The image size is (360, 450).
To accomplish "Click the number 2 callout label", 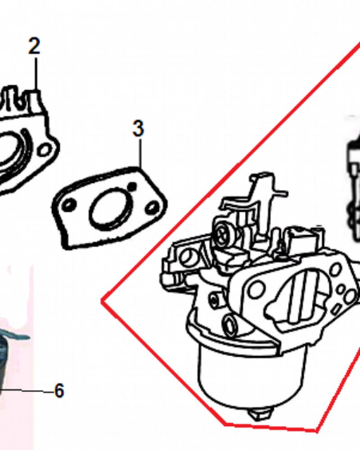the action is (x=34, y=46).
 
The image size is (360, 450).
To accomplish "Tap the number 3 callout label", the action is (x=138, y=128).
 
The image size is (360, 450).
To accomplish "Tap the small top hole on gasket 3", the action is (x=132, y=187).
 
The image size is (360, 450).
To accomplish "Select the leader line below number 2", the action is (x=36, y=74).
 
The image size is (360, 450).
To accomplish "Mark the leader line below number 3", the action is (x=140, y=153).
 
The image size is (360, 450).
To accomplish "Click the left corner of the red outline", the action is (x=102, y=301).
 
